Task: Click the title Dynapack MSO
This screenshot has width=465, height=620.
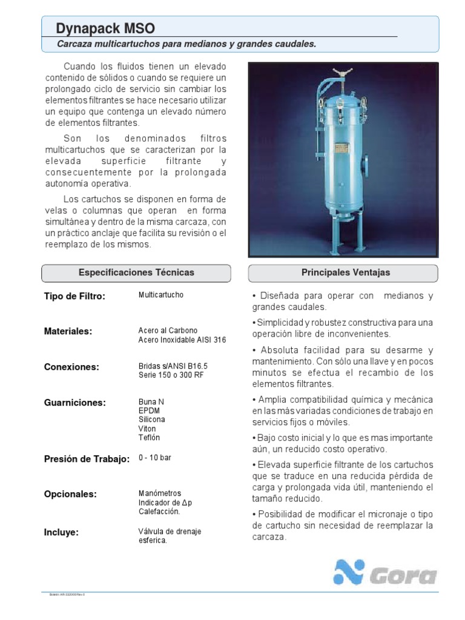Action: tap(105, 28)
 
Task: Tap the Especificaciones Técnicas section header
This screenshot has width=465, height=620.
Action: tap(136, 273)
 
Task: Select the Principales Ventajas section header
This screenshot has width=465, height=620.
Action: tap(346, 273)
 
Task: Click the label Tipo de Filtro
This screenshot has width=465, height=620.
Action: tap(75, 296)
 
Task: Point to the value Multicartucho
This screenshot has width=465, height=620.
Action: tap(161, 295)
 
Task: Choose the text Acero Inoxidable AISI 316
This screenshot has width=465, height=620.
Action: tap(182, 340)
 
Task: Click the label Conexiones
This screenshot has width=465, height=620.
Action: tap(71, 367)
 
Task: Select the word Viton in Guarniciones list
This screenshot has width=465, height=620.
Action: tap(147, 429)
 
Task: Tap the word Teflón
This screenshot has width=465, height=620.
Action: tap(150, 438)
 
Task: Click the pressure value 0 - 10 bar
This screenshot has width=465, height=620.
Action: tap(155, 458)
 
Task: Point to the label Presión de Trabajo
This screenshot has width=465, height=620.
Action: tap(87, 459)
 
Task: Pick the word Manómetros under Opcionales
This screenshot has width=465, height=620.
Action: tap(160, 493)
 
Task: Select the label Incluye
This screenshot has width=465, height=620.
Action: tap(62, 533)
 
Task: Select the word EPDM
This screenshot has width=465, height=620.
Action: tap(149, 411)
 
